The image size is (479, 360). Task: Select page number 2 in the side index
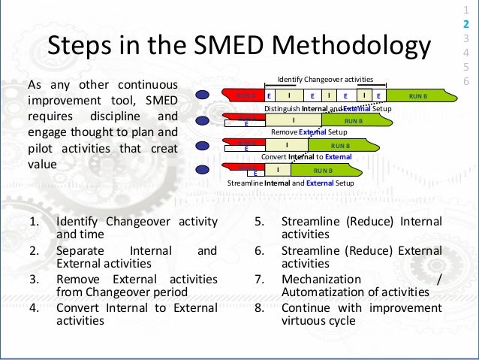pyautogui.click(x=466, y=24)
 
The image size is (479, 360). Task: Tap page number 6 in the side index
pyautogui.click(x=466, y=80)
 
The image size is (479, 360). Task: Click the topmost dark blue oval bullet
pyautogui.click(x=203, y=95)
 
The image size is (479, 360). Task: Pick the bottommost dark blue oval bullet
pyautogui.click(x=203, y=169)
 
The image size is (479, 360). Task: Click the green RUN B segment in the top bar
pyautogui.click(x=417, y=96)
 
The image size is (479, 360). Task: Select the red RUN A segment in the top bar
pyautogui.click(x=245, y=96)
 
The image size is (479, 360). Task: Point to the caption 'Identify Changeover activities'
pyautogui.click(x=325, y=79)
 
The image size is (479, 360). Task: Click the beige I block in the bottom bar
pyautogui.click(x=279, y=170)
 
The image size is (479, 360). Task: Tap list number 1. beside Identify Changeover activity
pyautogui.click(x=33, y=222)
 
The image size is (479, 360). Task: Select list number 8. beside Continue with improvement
pyautogui.click(x=258, y=307)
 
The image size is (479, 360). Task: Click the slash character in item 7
pyautogui.click(x=438, y=279)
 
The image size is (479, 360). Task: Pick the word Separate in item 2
pyautogui.click(x=81, y=250)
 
